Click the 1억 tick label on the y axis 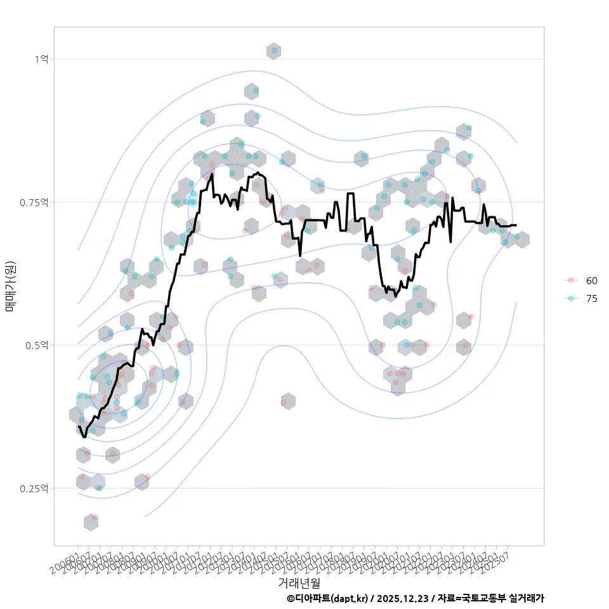click(x=41, y=59)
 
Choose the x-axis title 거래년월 click(x=299, y=582)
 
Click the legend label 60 click(x=592, y=280)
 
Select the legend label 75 click(x=592, y=299)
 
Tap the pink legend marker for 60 click(x=571, y=280)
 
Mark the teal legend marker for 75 click(x=571, y=299)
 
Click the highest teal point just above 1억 click(x=274, y=50)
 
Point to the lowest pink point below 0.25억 click(x=94, y=518)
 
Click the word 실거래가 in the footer click(x=527, y=598)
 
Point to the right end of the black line click(x=516, y=225)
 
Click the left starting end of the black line click(x=79, y=426)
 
